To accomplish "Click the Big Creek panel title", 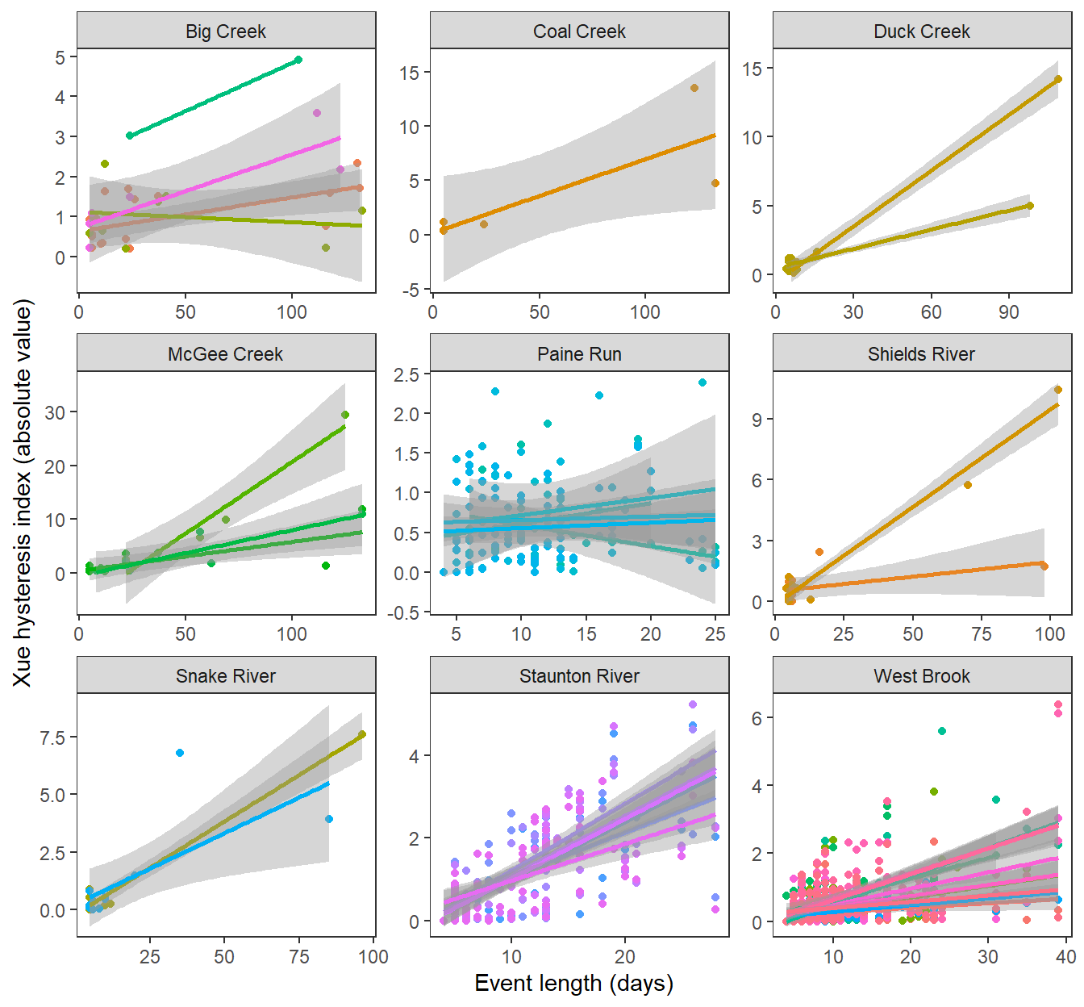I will coord(226,31).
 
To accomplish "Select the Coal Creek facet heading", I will coord(579,31).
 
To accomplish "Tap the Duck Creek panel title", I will coord(922,31).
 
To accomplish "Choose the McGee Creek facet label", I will coord(226,354).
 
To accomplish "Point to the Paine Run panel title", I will coord(579,354).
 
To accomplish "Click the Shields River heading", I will coord(922,354).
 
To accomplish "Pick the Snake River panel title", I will coord(226,676).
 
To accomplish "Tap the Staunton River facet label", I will coord(579,676).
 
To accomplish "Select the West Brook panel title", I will coord(922,676).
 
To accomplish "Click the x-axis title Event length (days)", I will coord(573,983).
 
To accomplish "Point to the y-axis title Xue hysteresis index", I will coord(23,493).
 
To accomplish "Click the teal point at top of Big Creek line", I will coord(298,60).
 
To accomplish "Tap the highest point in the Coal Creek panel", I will coord(694,88).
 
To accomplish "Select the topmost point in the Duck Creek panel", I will coord(1058,79).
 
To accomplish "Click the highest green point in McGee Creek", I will coord(345,415).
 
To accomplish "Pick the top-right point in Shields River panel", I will coord(1058,390).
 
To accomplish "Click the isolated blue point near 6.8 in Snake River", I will coord(180,753).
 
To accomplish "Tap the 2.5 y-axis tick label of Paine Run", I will coord(406,374).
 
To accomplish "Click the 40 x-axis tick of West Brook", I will coord(1065,957).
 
